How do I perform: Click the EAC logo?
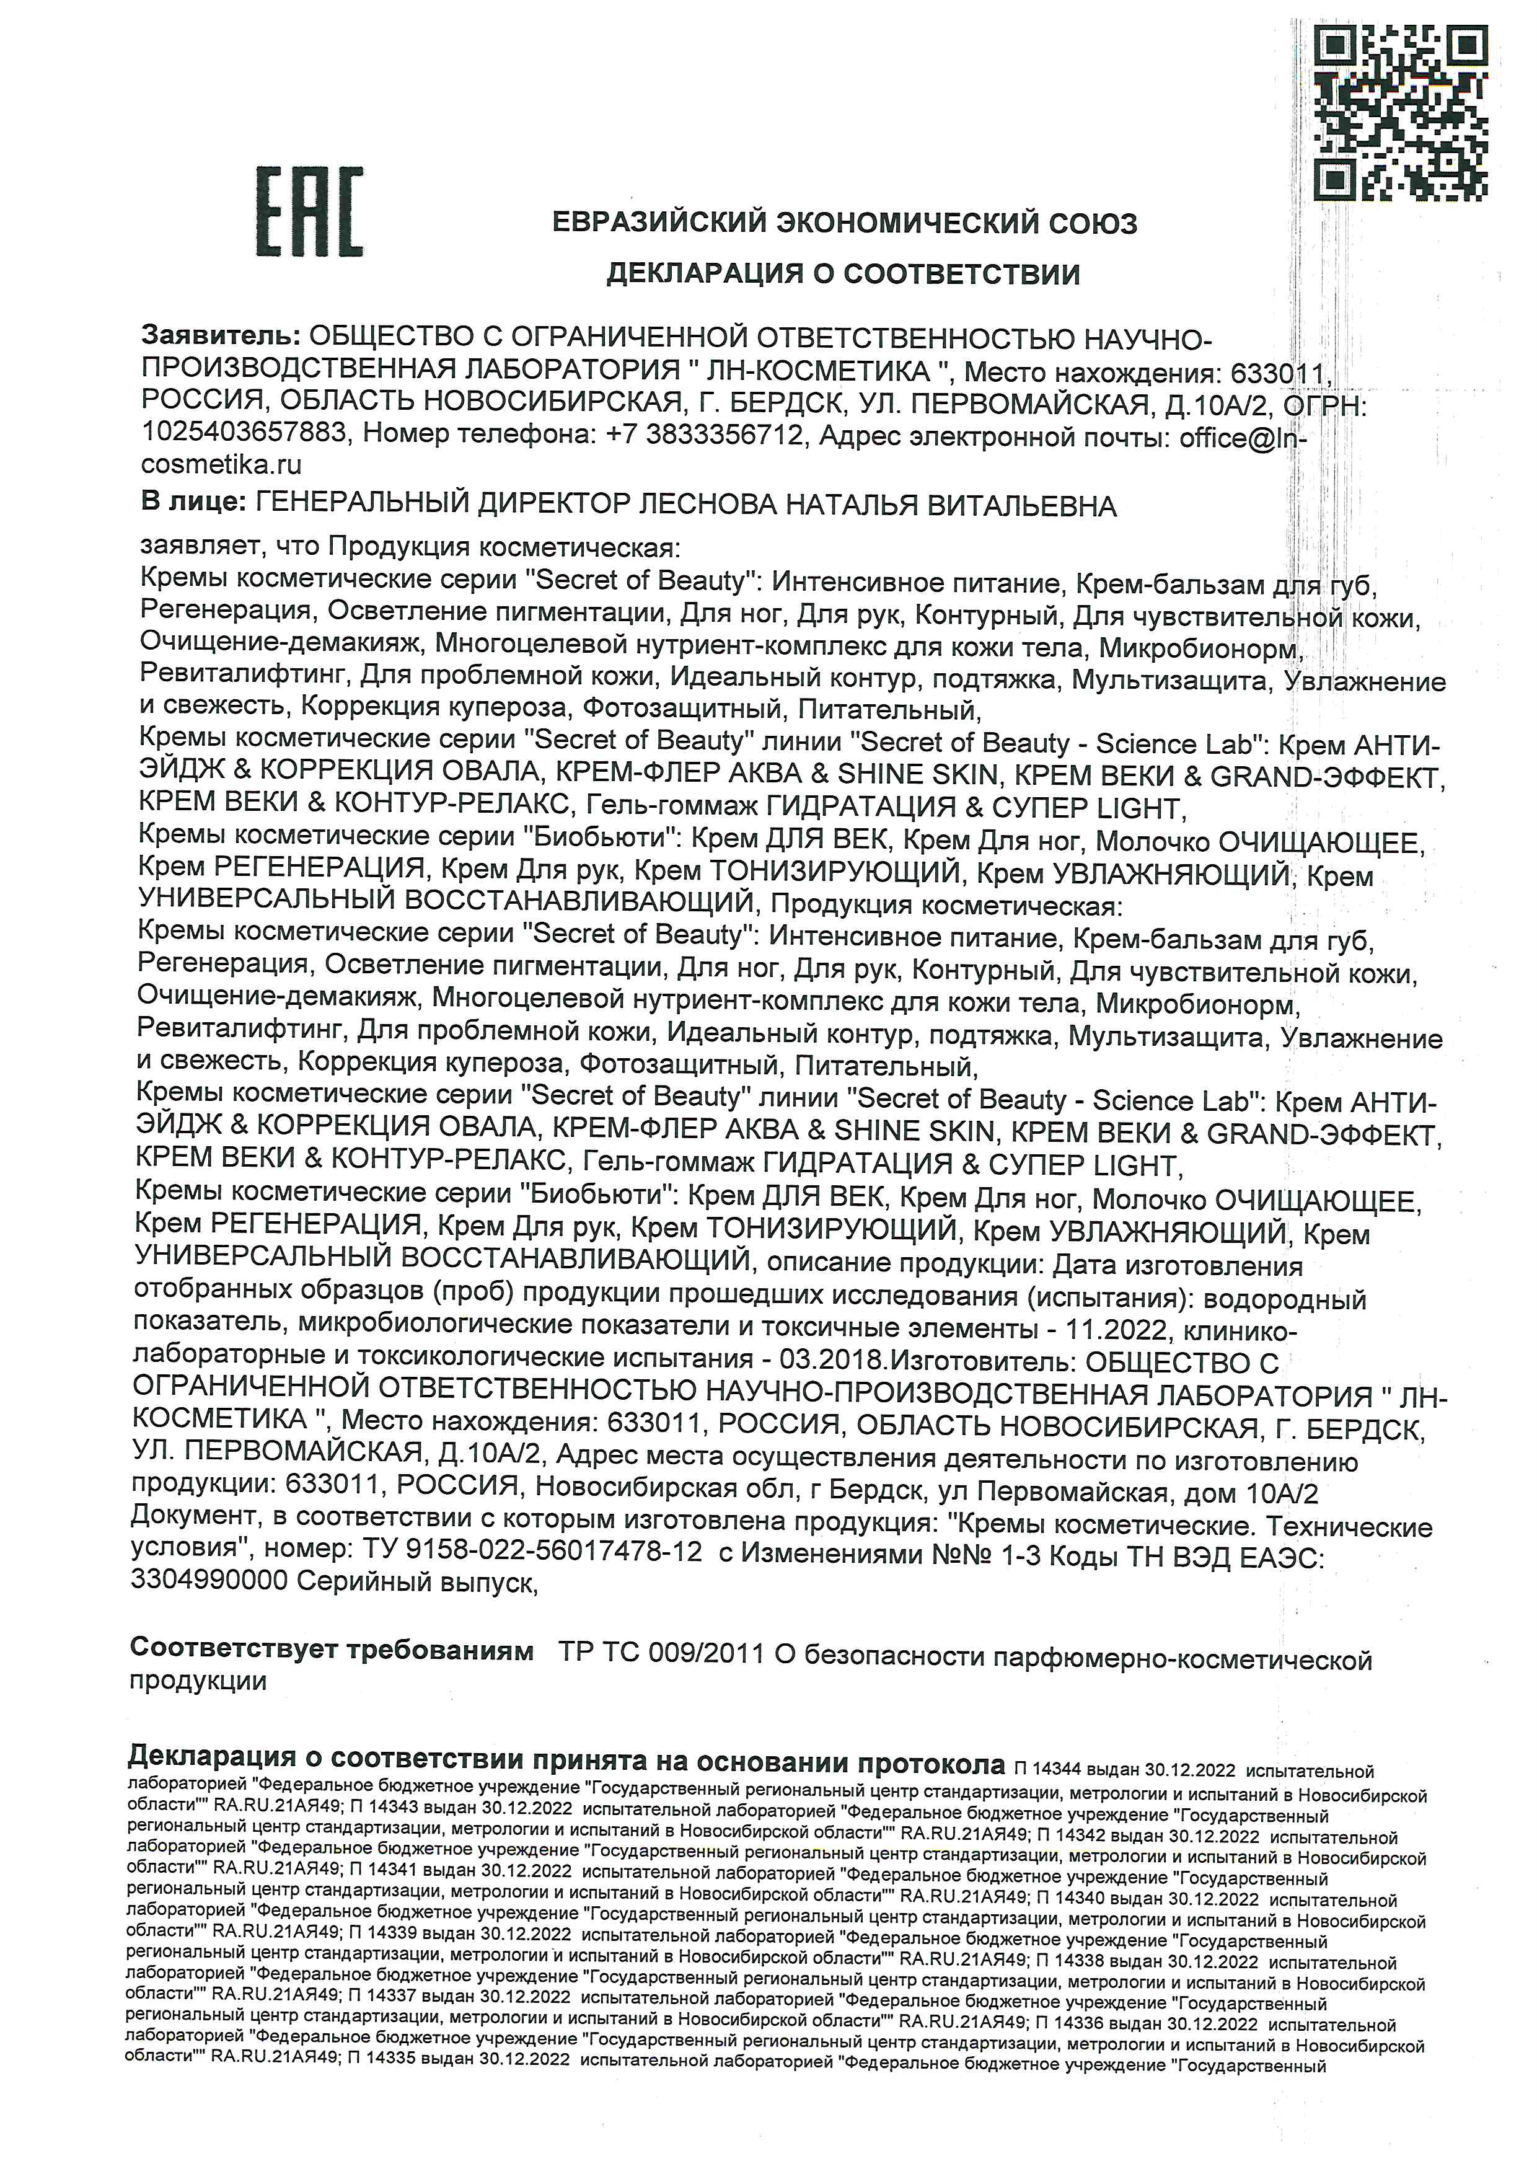point(309,212)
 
